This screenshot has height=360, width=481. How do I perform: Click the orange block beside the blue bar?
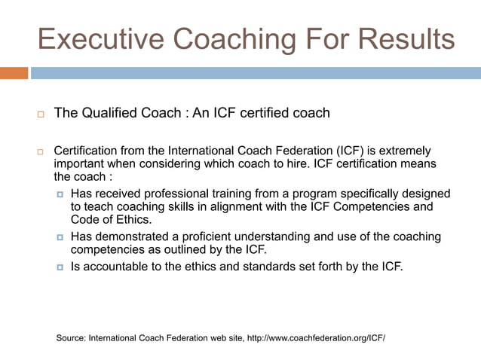point(14,73)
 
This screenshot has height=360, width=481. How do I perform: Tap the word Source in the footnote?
point(72,338)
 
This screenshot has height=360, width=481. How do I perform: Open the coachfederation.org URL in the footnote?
point(316,338)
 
